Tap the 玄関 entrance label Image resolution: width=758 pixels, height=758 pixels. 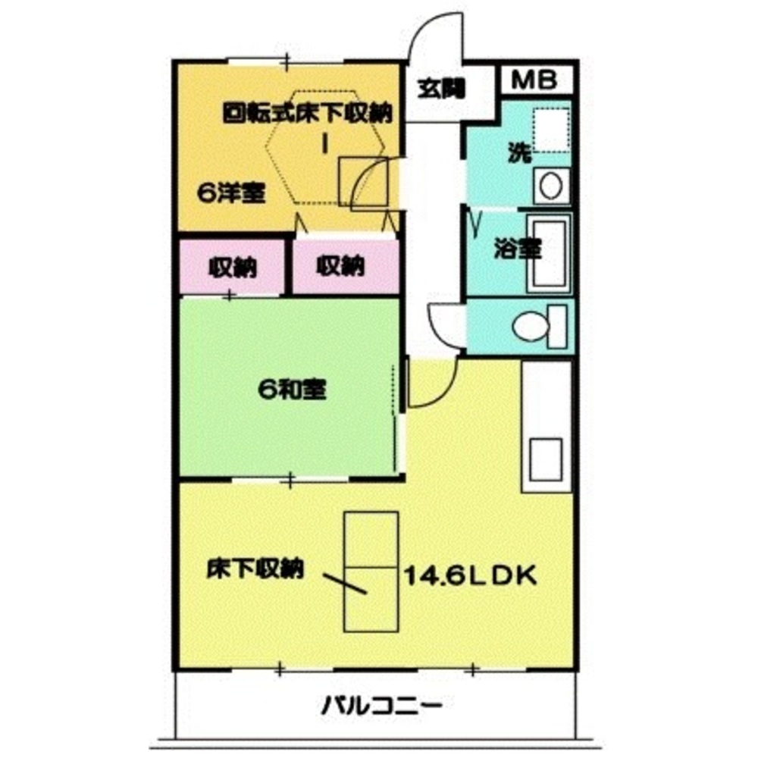(x=440, y=89)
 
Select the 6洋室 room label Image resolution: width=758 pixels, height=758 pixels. (x=230, y=193)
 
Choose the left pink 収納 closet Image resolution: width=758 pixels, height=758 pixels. (x=232, y=267)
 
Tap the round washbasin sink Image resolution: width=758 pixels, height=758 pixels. (x=550, y=186)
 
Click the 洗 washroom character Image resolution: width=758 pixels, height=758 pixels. (x=518, y=154)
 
